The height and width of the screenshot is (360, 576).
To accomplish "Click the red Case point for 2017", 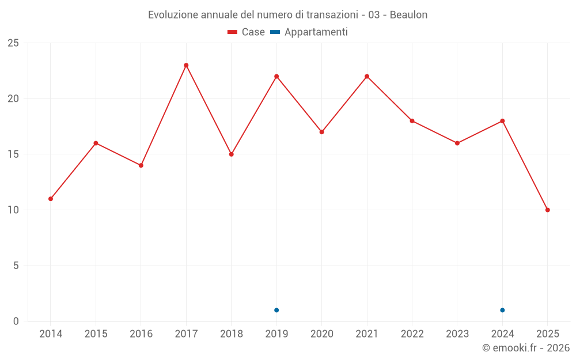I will (186, 65).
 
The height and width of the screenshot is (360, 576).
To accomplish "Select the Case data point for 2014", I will (51, 199).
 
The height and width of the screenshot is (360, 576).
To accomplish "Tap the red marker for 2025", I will (548, 210).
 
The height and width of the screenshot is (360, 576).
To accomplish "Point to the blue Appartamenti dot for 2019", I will (276, 310).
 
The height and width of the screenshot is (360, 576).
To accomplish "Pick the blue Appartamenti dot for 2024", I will (502, 310).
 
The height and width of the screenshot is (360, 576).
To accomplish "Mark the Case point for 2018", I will (231, 154).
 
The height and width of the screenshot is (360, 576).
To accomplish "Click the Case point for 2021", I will (367, 76).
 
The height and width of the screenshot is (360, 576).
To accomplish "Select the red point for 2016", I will (141, 165).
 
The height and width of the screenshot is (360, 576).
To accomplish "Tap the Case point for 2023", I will (457, 143).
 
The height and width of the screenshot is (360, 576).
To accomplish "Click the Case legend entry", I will (247, 32).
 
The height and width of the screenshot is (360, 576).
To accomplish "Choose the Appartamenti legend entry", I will (309, 32).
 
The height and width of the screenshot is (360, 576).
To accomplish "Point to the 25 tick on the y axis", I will (13, 43).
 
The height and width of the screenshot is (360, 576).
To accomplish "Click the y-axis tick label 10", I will (13, 210).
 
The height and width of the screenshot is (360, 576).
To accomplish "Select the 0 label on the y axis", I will (16, 321).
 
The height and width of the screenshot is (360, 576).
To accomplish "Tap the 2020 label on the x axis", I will (322, 334).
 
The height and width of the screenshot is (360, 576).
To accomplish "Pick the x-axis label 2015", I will (96, 334).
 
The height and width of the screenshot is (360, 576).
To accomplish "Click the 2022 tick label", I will (412, 334).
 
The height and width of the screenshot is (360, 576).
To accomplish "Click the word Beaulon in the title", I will (408, 15).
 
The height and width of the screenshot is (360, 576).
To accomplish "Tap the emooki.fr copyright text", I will (526, 348).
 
